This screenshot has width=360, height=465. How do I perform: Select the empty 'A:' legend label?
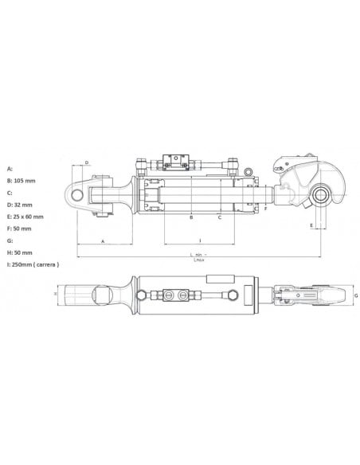pyautogui.click(x=10, y=169)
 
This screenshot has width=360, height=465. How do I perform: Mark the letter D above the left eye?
pyautogui.click(x=86, y=163)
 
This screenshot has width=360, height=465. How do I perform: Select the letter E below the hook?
pyautogui.click(x=311, y=225)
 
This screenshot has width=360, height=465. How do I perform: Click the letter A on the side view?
pyautogui.click(x=103, y=240)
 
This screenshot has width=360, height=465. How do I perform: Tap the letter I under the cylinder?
pyautogui.click(x=199, y=240)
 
